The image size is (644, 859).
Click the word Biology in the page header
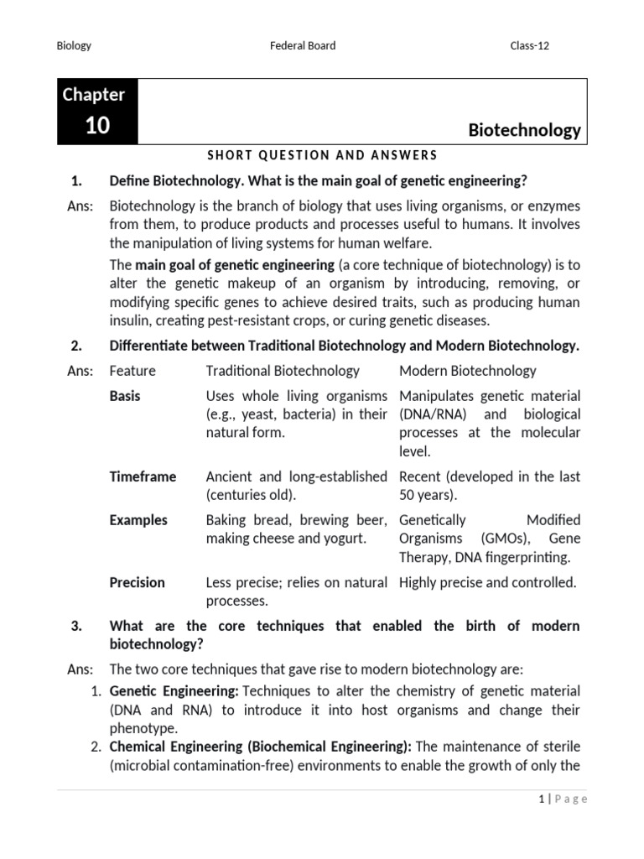(x=73, y=45)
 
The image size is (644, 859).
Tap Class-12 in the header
(x=530, y=45)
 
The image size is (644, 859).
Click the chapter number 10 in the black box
(x=97, y=126)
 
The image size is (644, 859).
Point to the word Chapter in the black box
(x=93, y=95)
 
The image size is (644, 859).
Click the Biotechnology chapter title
(x=523, y=130)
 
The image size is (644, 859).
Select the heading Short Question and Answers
(x=322, y=154)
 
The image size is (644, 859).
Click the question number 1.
(x=75, y=181)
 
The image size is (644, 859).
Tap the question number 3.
(x=75, y=626)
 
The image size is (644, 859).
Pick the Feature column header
(x=132, y=371)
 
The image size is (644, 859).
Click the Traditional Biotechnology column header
(x=283, y=371)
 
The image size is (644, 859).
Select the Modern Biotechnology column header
(x=467, y=371)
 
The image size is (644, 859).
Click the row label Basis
(x=125, y=396)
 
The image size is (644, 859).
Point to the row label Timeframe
(x=143, y=476)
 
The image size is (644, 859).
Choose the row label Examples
(x=138, y=520)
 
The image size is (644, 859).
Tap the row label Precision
(x=137, y=582)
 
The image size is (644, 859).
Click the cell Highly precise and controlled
(x=487, y=582)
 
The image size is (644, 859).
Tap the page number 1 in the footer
(x=542, y=799)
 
